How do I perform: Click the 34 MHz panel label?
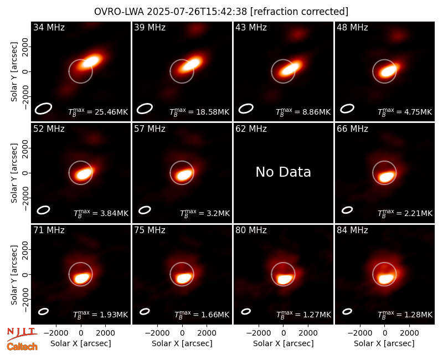click(49, 27)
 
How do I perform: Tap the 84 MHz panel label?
click(352, 230)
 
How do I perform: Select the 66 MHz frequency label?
click(352, 129)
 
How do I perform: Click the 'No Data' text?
click(284, 172)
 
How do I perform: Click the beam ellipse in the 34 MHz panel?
click(44, 108)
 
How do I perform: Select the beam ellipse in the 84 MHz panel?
click(347, 311)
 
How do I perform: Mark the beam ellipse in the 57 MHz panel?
click(145, 210)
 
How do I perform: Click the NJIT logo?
click(22, 334)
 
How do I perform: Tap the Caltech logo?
click(22, 347)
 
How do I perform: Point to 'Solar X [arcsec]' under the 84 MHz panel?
click(384, 343)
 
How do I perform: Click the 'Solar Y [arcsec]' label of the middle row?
click(14, 173)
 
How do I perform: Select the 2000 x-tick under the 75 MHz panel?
click(207, 333)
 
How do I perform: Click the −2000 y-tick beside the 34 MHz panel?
click(25, 96)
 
